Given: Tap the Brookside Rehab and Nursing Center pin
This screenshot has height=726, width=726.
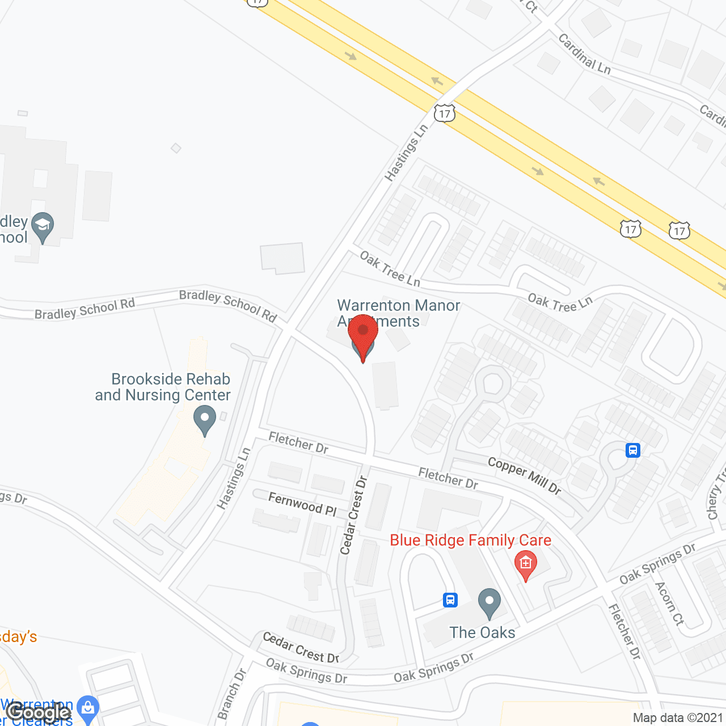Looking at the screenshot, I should [205, 421].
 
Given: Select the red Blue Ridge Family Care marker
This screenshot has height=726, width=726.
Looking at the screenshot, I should [526, 565].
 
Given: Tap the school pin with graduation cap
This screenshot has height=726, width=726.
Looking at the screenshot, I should [43, 226].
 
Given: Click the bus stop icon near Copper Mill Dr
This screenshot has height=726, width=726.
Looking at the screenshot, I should [633, 450].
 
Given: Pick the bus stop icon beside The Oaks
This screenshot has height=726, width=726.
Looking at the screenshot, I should [450, 600].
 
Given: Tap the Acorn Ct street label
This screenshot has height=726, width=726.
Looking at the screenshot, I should [670, 603].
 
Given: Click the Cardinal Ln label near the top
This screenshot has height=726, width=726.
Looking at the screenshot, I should [584, 54].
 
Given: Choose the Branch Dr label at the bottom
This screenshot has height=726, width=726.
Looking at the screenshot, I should [231, 694].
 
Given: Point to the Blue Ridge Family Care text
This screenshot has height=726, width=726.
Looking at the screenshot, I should [470, 540].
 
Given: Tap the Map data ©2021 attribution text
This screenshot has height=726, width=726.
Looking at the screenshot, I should [678, 718].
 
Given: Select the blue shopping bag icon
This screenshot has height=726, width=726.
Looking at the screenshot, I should [87, 708].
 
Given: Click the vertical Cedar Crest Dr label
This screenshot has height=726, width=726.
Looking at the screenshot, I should [354, 515].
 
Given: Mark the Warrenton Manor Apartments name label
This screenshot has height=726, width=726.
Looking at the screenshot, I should [398, 313].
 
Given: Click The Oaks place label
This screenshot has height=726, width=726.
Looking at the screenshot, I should [482, 632].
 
